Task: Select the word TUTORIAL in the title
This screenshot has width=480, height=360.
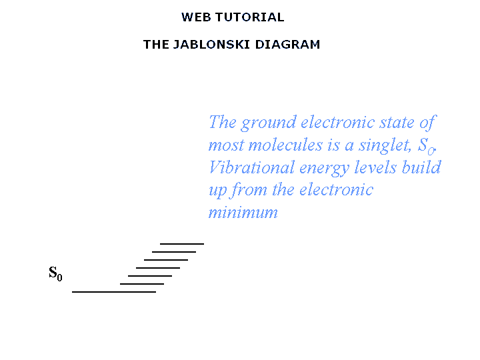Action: [250, 17]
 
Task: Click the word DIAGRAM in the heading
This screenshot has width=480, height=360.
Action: [287, 45]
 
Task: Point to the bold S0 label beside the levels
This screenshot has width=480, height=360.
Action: [55, 273]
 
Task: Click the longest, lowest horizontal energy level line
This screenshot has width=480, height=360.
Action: [114, 292]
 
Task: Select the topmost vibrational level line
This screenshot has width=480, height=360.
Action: [182, 244]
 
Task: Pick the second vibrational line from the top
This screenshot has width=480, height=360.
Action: [174, 251]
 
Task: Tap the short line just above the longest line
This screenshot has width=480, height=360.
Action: [142, 284]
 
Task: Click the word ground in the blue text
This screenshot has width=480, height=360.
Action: [269, 123]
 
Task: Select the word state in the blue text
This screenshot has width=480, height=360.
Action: [397, 123]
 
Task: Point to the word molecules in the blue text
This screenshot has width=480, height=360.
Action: [285, 145]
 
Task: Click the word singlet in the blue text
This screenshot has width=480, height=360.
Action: [385, 145]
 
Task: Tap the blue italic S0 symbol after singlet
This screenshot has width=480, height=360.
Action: [427, 146]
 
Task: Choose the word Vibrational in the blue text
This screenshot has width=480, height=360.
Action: [251, 167]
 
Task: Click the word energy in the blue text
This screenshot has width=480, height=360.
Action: [324, 169]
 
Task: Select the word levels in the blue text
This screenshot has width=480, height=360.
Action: [375, 167]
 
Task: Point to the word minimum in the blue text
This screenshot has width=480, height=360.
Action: [243, 213]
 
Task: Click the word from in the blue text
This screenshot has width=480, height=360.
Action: [249, 191]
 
